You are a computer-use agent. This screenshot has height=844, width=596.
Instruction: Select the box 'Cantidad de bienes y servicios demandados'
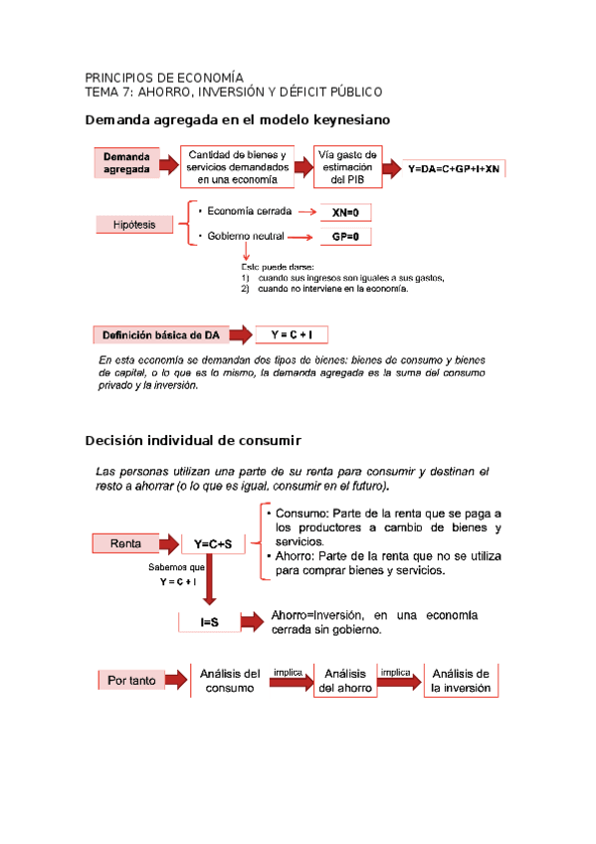click(238, 167)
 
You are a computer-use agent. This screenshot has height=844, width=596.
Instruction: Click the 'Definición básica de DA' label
click(164, 334)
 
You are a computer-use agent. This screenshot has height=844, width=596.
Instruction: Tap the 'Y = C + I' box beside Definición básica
click(298, 335)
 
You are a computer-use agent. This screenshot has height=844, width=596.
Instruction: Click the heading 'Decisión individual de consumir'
click(193, 440)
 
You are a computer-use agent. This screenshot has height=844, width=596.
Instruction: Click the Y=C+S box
click(212, 544)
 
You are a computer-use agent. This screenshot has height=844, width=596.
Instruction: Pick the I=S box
click(209, 622)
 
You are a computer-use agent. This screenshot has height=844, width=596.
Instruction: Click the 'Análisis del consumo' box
click(230, 681)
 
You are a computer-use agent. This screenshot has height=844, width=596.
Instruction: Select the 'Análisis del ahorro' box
click(346, 681)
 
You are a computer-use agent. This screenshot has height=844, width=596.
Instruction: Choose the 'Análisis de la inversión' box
click(461, 681)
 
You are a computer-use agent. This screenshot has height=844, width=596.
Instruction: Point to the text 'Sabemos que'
click(176, 566)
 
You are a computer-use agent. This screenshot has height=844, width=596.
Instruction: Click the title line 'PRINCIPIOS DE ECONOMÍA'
click(164, 78)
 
